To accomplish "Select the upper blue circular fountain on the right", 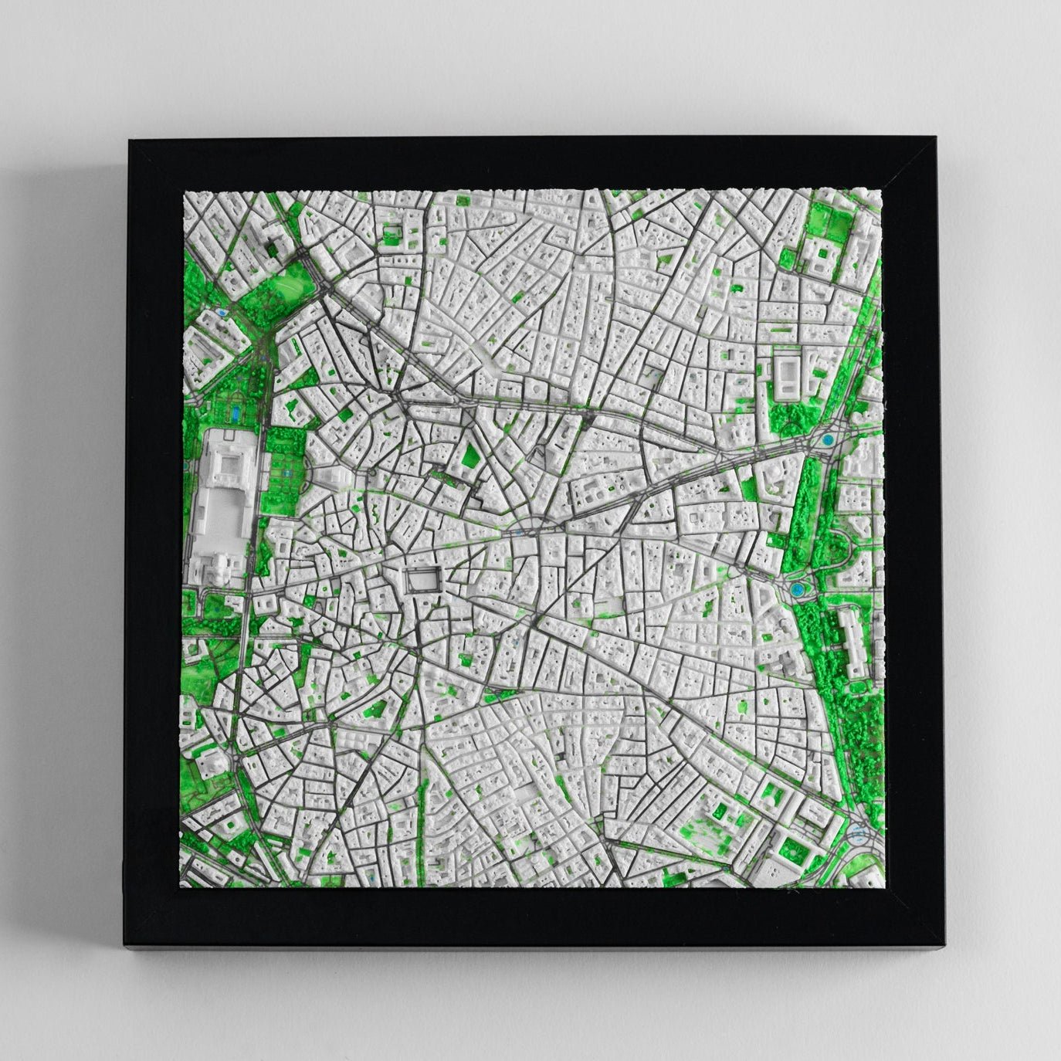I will [x=828, y=440].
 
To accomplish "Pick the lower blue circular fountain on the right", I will [x=797, y=590].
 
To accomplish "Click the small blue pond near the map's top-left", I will [x=222, y=314].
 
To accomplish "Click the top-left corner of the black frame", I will [x=130, y=141].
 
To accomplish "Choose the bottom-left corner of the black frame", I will [x=124, y=944].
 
